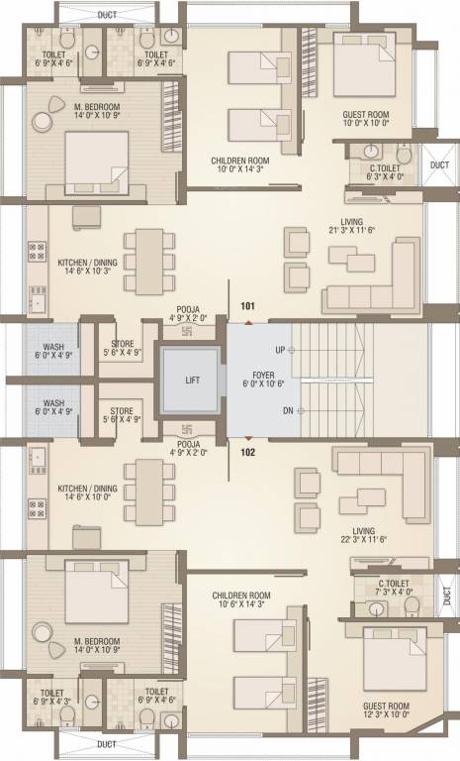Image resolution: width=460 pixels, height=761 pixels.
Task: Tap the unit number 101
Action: pyautogui.click(x=247, y=306)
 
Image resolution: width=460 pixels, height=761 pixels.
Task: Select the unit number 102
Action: pyautogui.click(x=247, y=453)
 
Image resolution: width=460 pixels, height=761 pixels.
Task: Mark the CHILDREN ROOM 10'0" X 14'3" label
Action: pyautogui.click(x=241, y=164)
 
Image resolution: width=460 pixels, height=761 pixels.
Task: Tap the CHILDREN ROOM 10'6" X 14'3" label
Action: pyautogui.click(x=240, y=600)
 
